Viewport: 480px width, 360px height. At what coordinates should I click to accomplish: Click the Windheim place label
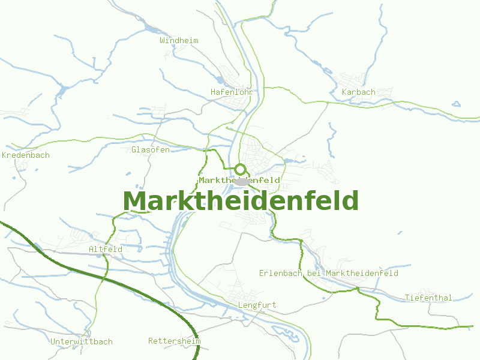click(179, 40)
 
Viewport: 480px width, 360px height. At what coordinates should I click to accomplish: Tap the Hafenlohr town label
click(232, 92)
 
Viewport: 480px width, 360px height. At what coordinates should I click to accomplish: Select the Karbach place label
click(358, 92)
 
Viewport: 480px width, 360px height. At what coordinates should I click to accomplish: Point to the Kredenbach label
click(26, 155)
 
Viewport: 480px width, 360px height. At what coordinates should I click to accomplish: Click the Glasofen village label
click(150, 149)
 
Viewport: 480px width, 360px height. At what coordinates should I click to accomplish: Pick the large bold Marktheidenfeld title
click(241, 201)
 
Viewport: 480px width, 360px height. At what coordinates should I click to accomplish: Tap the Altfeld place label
click(106, 249)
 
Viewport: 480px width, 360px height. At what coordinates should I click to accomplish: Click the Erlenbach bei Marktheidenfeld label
click(329, 273)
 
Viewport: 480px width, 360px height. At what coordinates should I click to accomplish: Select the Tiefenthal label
click(428, 298)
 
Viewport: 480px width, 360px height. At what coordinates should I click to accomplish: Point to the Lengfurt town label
click(257, 305)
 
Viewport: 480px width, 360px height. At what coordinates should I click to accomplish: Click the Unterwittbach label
click(82, 341)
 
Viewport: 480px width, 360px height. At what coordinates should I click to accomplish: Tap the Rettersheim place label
click(174, 341)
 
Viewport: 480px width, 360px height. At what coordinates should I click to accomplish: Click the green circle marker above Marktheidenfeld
click(241, 169)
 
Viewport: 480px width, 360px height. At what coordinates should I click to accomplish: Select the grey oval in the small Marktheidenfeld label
click(242, 181)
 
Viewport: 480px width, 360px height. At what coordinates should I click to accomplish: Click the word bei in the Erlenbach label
click(314, 273)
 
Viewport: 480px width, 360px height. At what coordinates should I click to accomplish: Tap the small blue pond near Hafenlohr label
click(220, 80)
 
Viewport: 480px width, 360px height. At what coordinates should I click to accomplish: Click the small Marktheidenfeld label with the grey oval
click(216, 180)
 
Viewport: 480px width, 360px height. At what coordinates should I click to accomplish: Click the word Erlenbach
click(281, 273)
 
